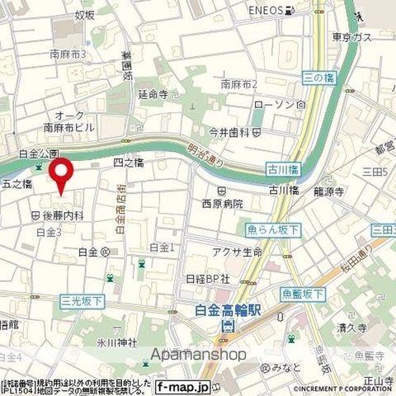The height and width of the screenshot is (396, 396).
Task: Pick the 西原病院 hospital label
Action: pos(222,203)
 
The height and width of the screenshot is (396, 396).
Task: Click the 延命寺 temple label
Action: pos(153,94)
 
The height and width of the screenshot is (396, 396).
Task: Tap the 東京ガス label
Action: pos(348,37)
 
